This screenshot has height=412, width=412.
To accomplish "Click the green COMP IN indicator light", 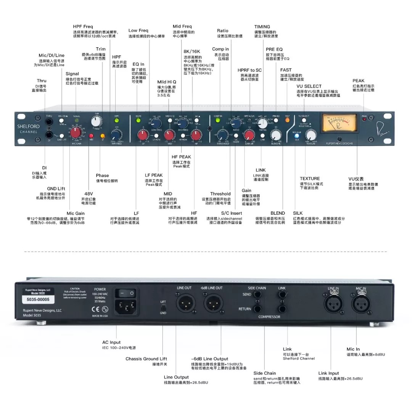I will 218,121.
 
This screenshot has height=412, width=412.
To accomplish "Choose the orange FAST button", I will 287,120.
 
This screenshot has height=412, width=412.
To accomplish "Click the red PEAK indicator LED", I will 364,119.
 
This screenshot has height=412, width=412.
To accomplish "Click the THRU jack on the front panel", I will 49,122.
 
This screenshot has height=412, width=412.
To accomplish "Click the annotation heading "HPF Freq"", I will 84,26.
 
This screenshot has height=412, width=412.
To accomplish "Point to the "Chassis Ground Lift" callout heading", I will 146,359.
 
